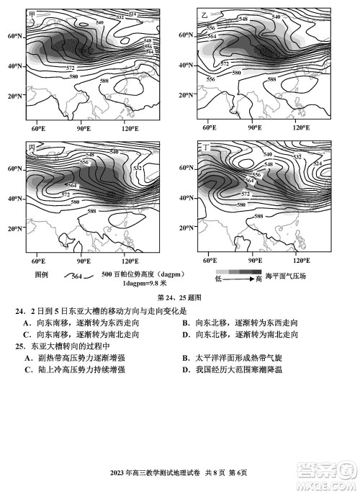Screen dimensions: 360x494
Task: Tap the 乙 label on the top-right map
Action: pyautogui.click(x=204, y=14)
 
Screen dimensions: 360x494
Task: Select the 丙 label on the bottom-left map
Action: pyautogui.click(x=32, y=147)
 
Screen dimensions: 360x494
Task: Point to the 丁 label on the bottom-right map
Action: pyautogui.click(x=207, y=147)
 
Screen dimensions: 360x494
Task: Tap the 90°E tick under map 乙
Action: pyautogui.click(x=254, y=128)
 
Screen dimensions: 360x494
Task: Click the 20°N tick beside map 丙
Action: pyautogui.click(x=14, y=228)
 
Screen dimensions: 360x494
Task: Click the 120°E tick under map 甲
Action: pyautogui.click(x=130, y=128)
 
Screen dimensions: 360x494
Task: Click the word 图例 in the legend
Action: pyautogui.click(x=41, y=275)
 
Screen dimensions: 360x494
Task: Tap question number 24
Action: pyautogui.click(x=17, y=310)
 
